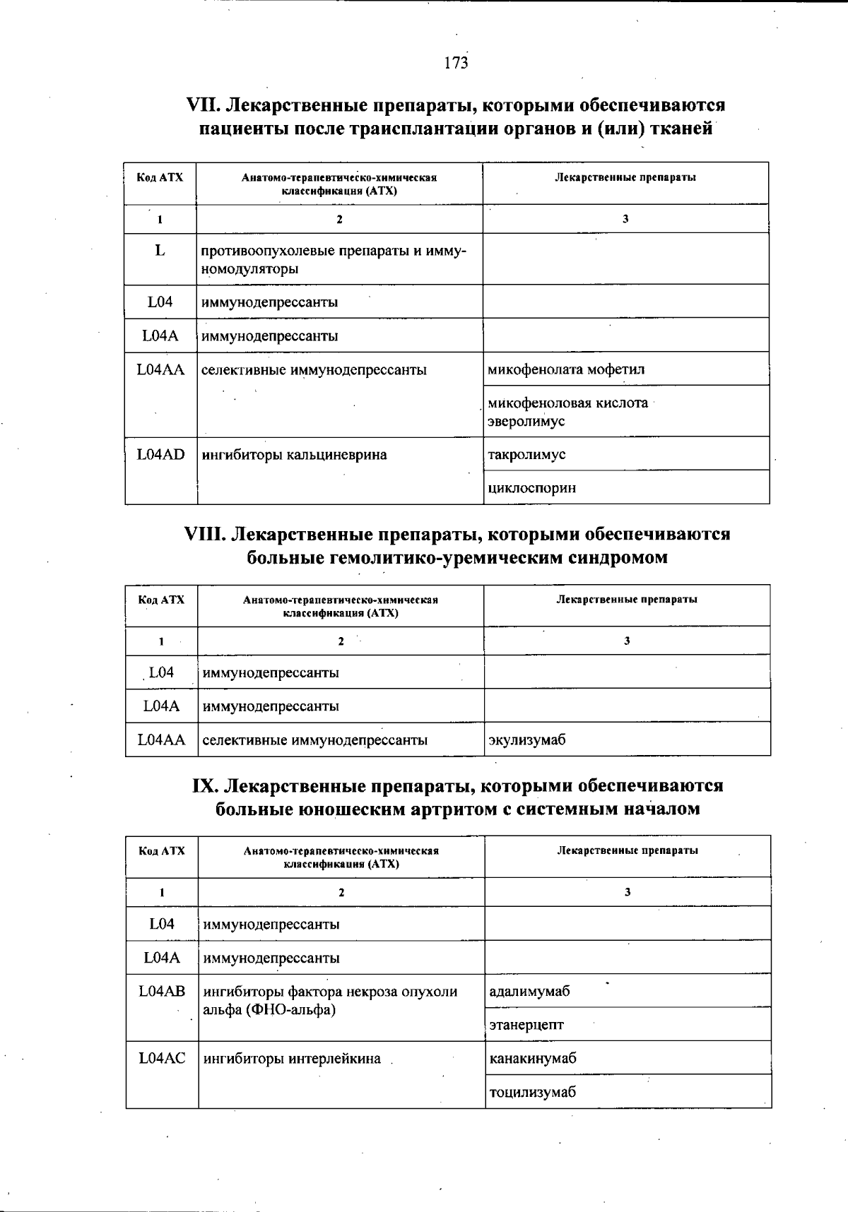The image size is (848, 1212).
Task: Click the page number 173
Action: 456,64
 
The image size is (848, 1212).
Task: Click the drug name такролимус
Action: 526,455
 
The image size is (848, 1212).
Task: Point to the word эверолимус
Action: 526,422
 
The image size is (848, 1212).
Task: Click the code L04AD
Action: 160,455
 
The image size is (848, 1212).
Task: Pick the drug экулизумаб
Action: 527,740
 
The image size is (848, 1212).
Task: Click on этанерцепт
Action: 526,1025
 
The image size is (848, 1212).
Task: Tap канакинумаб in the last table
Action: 533,1059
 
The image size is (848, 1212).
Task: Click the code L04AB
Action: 162,992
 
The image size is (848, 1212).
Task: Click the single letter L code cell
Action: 160,250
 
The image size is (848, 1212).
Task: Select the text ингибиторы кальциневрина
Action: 295,455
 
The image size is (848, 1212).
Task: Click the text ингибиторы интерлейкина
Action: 292,1059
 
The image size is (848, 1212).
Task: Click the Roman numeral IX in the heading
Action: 205,786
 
